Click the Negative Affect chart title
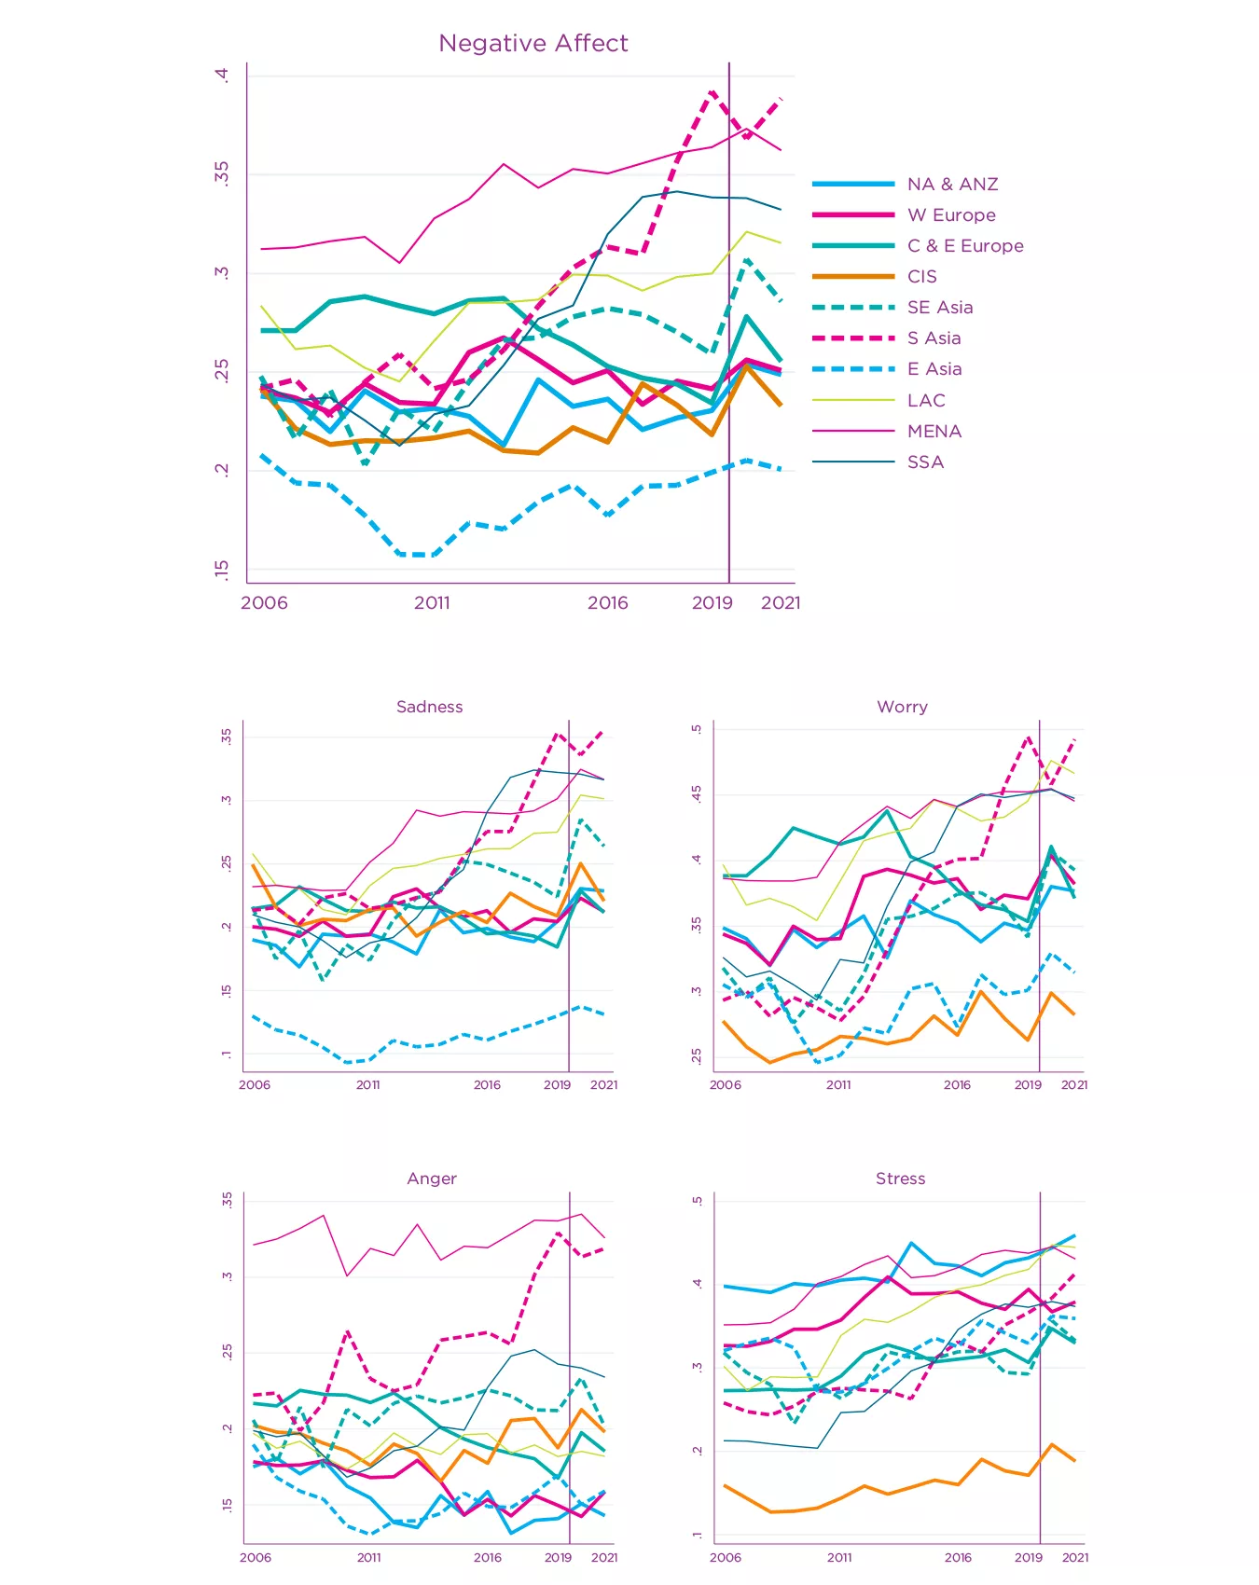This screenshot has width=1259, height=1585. pos(533,44)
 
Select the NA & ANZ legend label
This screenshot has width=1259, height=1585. pos(952,185)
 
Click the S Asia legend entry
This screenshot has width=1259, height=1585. pos(934,338)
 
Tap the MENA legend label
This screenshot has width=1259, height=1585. pos(934,432)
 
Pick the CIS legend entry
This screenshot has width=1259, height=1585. pos(921,277)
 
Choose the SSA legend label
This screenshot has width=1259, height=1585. pos(925,462)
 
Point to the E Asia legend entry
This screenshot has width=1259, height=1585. pos(934,369)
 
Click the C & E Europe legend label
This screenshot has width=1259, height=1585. pos(965,246)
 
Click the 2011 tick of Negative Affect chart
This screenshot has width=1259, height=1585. pos(432,603)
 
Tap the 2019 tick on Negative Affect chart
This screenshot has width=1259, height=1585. pos(713,603)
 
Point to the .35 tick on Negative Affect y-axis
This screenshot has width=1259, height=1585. pos(222,173)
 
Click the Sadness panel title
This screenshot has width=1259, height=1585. pos(429,707)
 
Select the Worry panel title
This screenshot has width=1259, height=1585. pos(902,707)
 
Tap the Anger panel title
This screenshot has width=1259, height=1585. pos(432,1178)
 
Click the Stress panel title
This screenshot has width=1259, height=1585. pos(900,1178)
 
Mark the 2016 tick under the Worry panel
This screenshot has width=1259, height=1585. pos(957,1085)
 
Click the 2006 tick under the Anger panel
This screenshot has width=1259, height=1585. pos(256,1557)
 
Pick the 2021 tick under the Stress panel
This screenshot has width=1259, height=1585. pos(1074,1557)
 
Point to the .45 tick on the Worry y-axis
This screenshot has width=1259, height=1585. pos(697,794)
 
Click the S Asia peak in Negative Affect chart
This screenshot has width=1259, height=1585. pos(712,91)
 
